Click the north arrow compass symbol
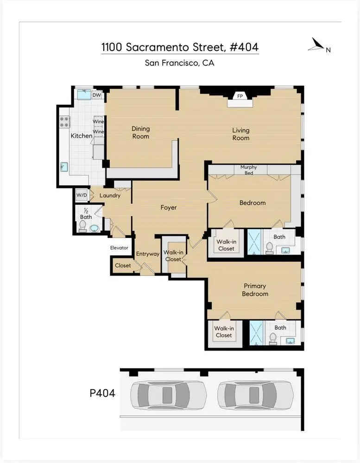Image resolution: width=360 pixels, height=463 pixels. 317,45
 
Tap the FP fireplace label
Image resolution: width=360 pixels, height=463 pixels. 240,96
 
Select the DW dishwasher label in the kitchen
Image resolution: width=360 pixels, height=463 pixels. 97,95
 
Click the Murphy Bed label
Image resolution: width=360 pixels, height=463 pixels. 248,170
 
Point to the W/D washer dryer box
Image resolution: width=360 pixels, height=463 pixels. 82,195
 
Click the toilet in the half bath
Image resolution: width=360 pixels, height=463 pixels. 83,226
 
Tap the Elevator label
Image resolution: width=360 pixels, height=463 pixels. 119,248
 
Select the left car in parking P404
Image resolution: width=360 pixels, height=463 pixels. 168,395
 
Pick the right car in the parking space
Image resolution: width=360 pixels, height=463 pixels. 255,395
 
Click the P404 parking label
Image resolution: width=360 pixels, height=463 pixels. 102,394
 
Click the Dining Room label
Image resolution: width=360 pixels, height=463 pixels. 140,132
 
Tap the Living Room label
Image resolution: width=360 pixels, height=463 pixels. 240,134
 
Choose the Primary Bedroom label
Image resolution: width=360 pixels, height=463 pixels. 254,290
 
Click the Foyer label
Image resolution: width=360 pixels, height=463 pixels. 169,207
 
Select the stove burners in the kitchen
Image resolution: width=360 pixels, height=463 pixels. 64,122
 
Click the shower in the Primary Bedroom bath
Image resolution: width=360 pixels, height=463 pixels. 256,333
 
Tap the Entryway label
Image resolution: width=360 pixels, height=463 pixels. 147,254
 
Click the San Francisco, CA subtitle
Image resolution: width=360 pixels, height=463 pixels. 179,63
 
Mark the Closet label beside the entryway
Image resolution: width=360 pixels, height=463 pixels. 123,266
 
